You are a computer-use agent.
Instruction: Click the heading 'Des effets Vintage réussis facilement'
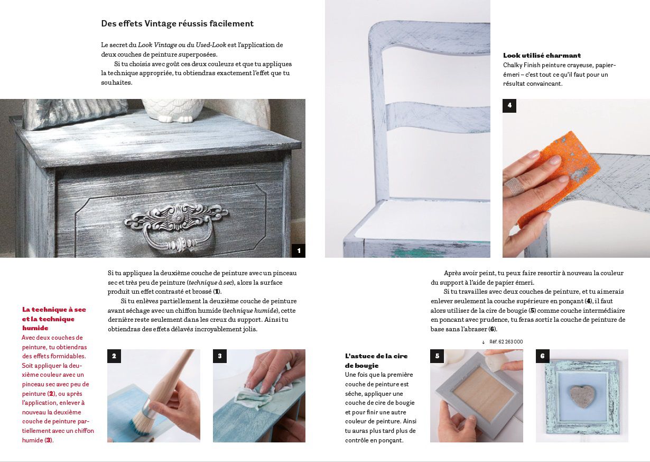click(x=178, y=23)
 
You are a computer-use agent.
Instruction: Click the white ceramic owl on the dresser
click(x=173, y=111)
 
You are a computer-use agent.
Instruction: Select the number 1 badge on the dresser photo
click(x=299, y=251)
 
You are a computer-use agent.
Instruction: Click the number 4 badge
click(x=509, y=106)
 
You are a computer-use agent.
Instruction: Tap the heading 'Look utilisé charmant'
click(x=542, y=56)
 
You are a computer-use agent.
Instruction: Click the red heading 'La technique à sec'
click(x=54, y=310)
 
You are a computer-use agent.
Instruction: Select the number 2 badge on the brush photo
click(x=114, y=356)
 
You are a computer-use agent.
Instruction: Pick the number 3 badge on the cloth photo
click(x=220, y=356)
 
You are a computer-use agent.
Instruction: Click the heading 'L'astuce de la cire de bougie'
click(x=376, y=360)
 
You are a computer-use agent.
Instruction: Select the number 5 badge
click(x=437, y=356)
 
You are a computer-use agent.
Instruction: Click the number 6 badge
click(x=543, y=356)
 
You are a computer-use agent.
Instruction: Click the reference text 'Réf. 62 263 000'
click(x=506, y=342)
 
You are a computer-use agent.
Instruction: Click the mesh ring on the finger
click(x=514, y=185)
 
